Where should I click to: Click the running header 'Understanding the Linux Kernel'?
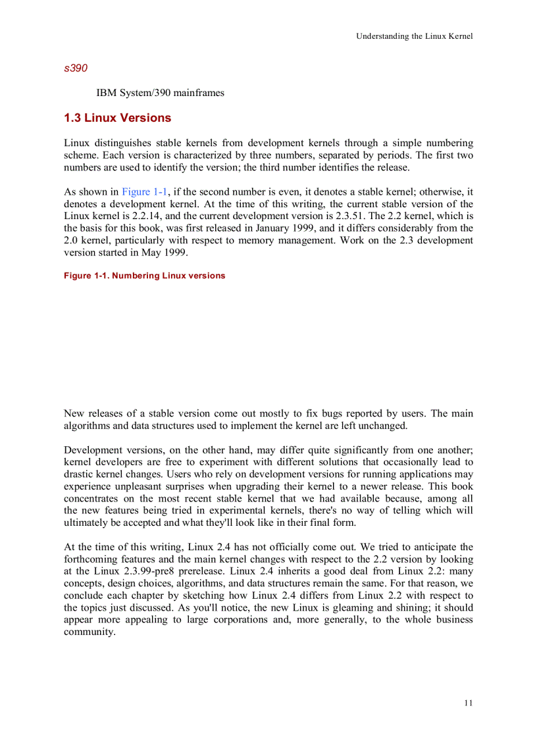[414, 36]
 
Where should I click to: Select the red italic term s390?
[76, 68]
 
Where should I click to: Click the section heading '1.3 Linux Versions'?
[117, 118]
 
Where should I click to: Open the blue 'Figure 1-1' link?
[145, 192]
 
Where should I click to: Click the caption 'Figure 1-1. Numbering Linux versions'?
[144, 276]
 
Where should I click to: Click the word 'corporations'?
[242, 620]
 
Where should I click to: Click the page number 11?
[468, 703]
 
